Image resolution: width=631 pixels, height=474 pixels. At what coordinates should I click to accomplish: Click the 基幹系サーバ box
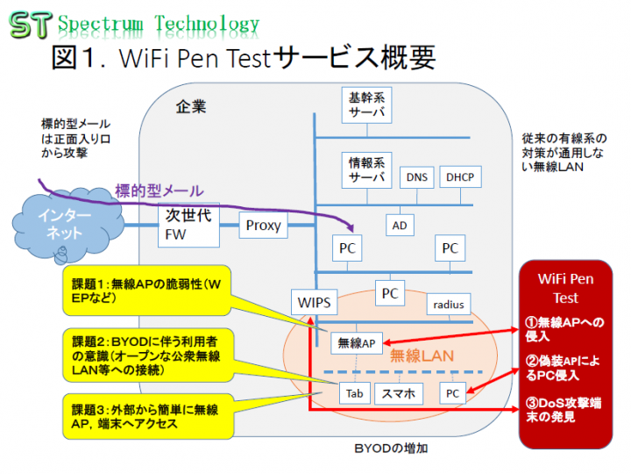pyautogui.click(x=366, y=104)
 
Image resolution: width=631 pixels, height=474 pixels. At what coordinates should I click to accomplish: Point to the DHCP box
pyautogui.click(x=459, y=177)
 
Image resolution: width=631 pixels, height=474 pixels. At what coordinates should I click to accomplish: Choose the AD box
pyautogui.click(x=400, y=225)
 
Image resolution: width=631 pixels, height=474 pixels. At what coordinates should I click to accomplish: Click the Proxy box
pyautogui.click(x=263, y=226)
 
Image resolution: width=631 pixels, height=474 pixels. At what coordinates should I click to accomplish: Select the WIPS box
pyautogui.click(x=314, y=304)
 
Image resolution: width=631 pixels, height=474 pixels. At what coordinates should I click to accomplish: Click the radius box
pyautogui.click(x=449, y=304)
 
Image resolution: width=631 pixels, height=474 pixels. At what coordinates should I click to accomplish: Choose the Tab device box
pyautogui.click(x=354, y=393)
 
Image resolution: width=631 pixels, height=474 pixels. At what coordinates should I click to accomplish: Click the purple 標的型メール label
pyautogui.click(x=159, y=190)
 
